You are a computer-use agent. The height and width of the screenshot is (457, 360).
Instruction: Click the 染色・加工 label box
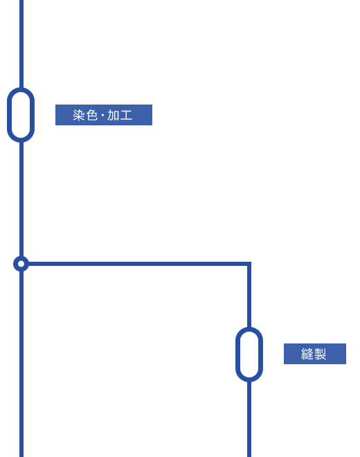point(104,115)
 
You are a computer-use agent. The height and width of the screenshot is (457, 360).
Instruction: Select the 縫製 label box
point(315,354)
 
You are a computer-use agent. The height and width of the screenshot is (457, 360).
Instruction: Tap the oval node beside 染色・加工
point(21,115)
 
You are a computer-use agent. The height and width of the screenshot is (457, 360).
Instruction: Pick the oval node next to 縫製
point(249,355)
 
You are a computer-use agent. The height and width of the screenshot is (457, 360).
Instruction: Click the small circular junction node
point(21,264)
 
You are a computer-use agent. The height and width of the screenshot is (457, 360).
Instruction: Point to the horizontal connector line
point(138,264)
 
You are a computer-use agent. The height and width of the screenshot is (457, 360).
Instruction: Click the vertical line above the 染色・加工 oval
point(21,44)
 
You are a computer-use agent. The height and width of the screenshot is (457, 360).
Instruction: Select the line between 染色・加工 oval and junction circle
point(21,199)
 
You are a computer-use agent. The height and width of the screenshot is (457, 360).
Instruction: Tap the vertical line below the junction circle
point(21,364)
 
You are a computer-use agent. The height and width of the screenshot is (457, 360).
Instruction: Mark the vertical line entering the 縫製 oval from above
point(249,296)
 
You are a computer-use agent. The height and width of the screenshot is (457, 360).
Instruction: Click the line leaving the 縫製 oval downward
point(249,419)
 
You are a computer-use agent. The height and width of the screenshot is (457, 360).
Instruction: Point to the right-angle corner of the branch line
point(249,264)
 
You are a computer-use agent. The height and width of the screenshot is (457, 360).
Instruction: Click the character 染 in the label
point(79,115)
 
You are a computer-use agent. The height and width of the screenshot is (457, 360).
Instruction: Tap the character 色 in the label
point(92,115)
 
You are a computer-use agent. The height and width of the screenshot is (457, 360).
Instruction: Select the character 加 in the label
point(113,115)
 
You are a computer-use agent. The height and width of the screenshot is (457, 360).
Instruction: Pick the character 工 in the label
point(126,115)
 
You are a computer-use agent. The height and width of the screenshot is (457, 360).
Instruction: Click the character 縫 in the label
point(307,354)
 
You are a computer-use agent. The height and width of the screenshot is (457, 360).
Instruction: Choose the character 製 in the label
point(320,354)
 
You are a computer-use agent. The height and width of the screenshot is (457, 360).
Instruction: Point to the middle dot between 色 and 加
point(102,116)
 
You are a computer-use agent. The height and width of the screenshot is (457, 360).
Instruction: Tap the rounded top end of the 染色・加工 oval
point(21,89)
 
